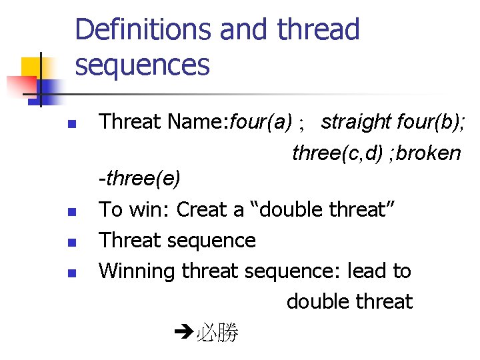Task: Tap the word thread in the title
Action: click(x=318, y=30)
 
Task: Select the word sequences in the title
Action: click(x=142, y=65)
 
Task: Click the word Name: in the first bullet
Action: click(x=198, y=122)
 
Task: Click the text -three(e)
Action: click(x=139, y=179)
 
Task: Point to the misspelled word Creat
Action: click(x=200, y=209)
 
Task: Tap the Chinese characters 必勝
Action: click(x=217, y=333)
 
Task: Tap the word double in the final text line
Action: click(x=317, y=301)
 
